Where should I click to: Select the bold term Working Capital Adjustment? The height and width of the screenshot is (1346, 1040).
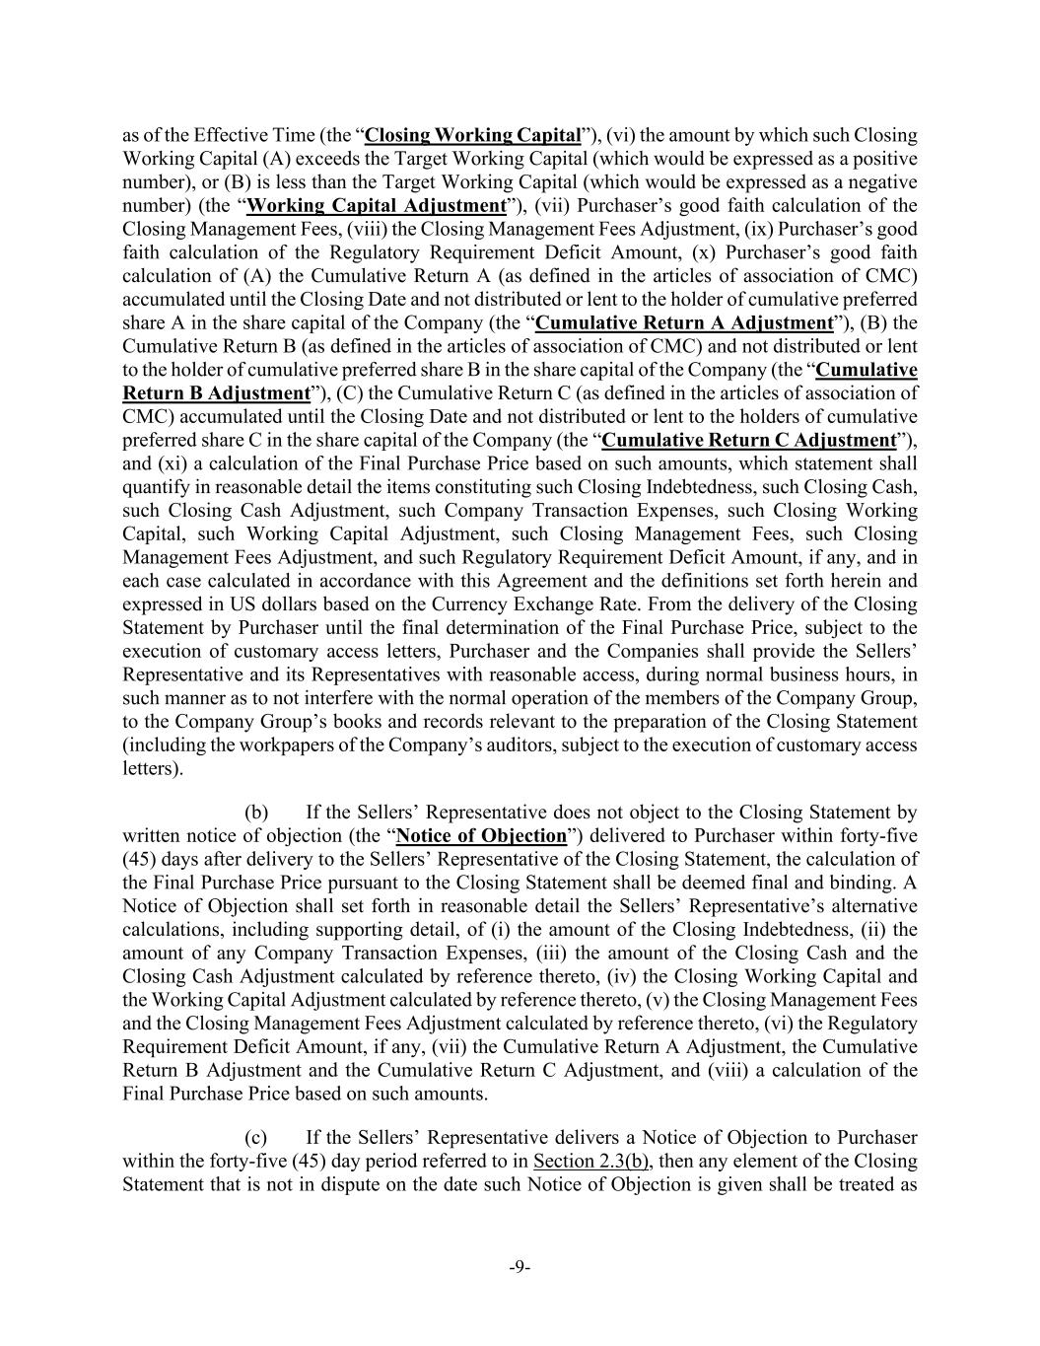[x=376, y=205]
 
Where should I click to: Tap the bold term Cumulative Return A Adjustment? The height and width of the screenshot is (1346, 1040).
[x=684, y=322]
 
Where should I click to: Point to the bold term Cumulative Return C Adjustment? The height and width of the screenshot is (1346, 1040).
[x=749, y=440]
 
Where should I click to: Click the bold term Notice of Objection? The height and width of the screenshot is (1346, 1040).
[x=481, y=836]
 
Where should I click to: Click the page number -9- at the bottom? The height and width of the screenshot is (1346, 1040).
[x=520, y=1267]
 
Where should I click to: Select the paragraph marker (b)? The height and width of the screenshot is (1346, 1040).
[x=256, y=813]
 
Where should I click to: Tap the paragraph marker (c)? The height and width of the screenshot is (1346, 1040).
[x=256, y=1137]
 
